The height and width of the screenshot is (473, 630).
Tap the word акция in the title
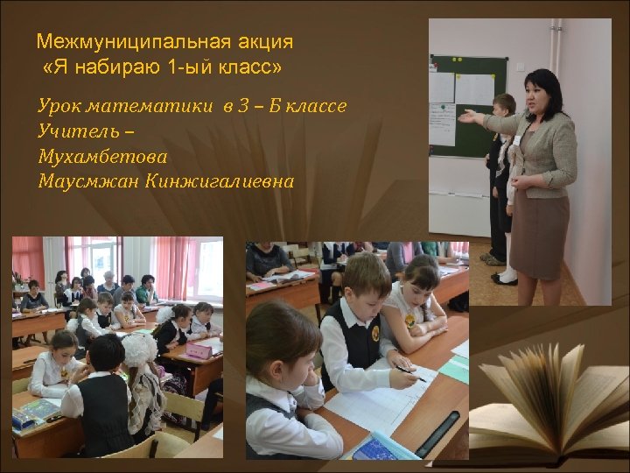[267, 41]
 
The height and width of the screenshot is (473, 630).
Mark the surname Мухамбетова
[102, 157]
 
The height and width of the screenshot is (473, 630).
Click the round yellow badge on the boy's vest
[375, 334]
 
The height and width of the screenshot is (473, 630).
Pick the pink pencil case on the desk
[199, 349]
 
